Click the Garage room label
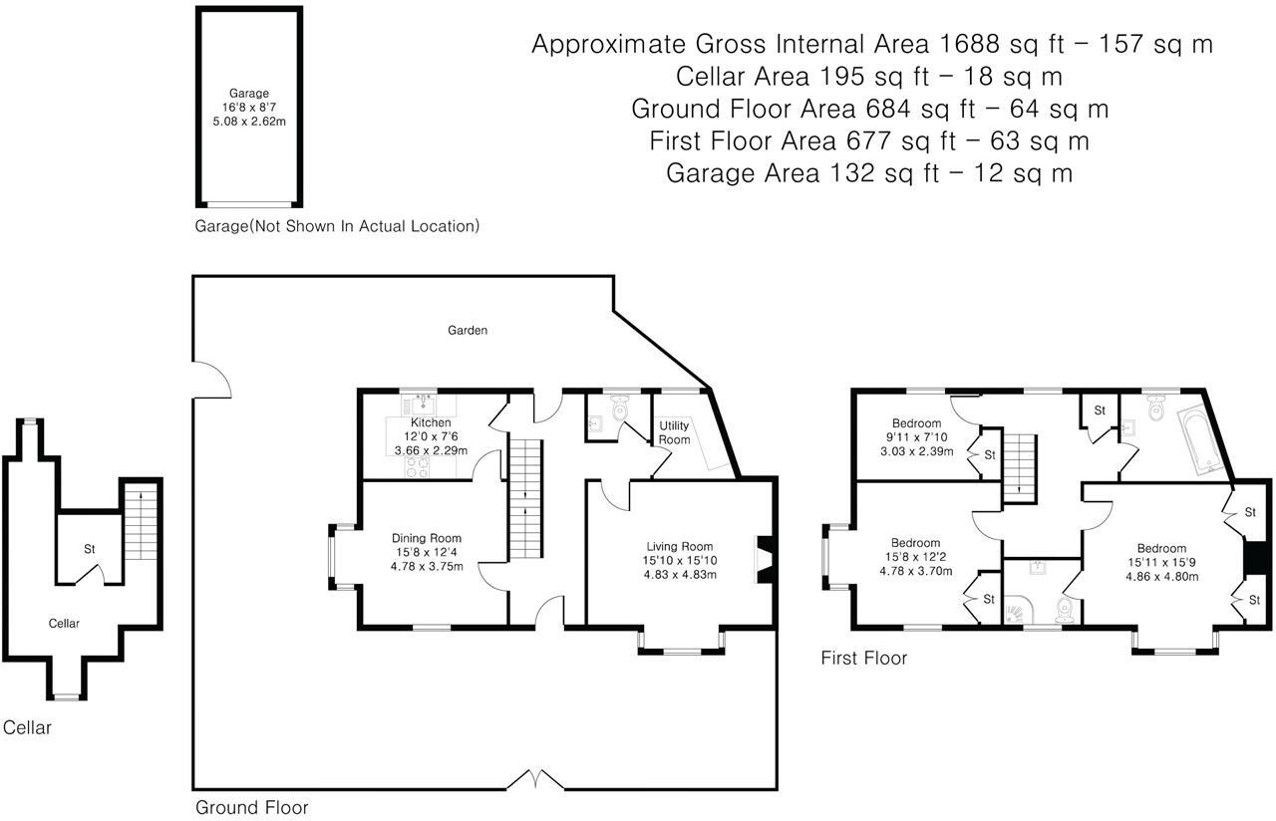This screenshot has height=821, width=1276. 249,94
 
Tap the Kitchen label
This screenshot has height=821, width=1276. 431,422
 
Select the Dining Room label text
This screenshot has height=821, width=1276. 427,538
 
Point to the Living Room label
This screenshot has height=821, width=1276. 680,547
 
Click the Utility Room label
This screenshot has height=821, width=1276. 675,432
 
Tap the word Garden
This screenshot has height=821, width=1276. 468,330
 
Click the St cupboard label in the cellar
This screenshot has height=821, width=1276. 90,549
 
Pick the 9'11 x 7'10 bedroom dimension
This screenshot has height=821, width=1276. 916,437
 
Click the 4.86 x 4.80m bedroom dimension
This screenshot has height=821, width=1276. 1162,576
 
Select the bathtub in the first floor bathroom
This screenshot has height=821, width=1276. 1201,439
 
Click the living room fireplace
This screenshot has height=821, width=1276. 765,559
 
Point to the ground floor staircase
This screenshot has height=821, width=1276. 524,498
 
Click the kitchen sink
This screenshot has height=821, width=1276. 423,405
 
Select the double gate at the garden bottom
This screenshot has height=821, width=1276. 535,779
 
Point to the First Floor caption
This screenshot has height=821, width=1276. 864,659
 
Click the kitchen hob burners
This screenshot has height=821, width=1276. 417,468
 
